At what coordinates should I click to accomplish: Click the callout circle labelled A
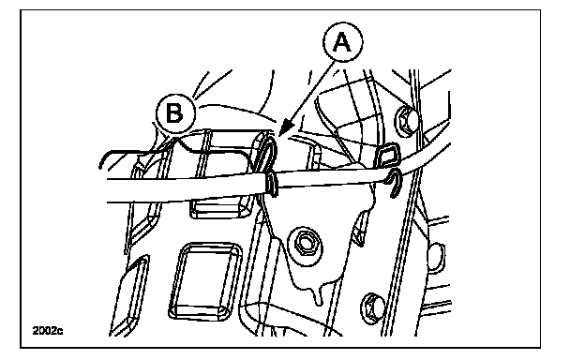point(342,43)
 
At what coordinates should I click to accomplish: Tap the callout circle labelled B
point(175,113)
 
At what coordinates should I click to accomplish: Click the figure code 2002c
point(48,331)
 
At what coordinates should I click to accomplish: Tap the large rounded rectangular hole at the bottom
point(205,282)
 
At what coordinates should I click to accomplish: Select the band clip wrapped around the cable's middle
point(271,184)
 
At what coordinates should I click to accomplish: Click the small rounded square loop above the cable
point(387,154)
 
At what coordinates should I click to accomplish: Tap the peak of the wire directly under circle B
point(176,137)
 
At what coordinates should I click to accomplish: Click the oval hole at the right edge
point(437,258)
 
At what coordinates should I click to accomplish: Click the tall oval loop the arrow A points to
point(266,154)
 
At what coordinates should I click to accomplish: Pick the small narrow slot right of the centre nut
point(359,231)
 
